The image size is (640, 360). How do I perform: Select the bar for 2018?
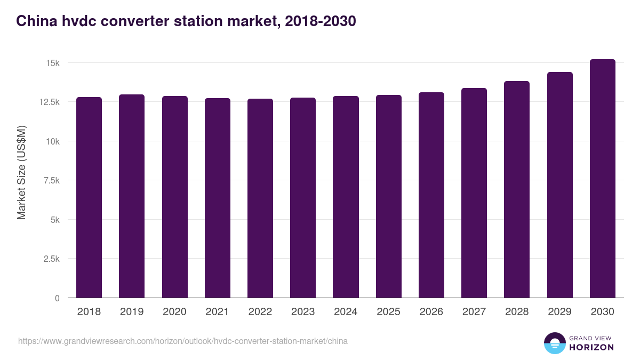(89, 197)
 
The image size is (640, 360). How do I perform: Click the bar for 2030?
(603, 179)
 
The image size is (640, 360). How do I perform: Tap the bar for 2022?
(260, 198)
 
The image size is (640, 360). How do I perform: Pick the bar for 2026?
(431, 195)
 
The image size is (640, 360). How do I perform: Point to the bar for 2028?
(517, 189)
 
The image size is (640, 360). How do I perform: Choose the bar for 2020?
(175, 197)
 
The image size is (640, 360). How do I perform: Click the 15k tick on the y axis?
(53, 63)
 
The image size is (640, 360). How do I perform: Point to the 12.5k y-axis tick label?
(49, 102)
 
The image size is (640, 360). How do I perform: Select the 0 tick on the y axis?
(57, 298)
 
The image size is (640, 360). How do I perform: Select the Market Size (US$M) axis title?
(22, 172)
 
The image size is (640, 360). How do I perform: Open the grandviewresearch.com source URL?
(183, 341)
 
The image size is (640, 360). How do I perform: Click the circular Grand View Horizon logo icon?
(555, 343)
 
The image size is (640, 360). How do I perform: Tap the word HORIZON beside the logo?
(591, 347)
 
